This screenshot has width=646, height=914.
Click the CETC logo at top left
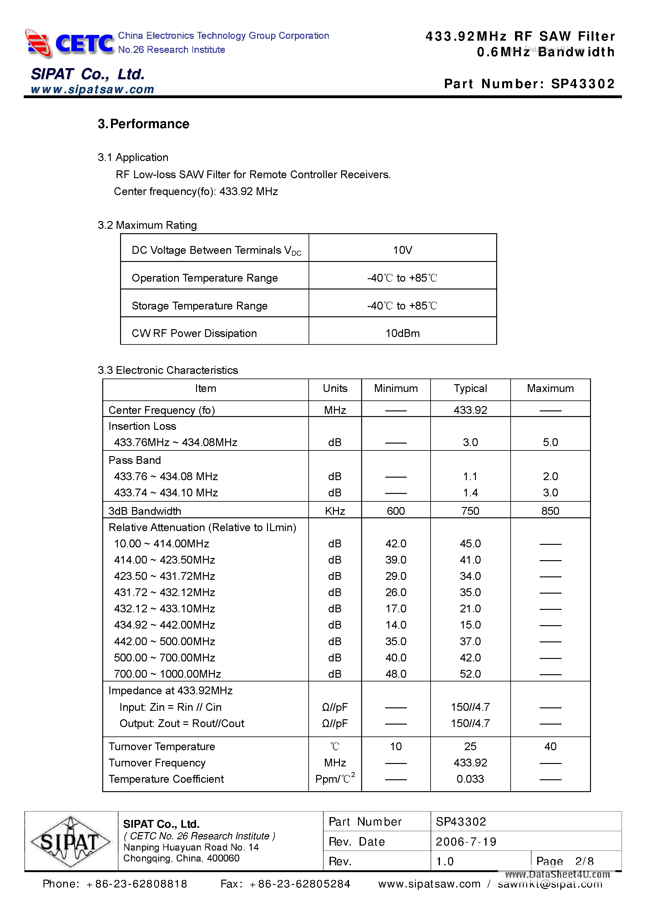pos(70,43)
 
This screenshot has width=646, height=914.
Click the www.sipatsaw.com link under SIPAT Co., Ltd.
pos(93,90)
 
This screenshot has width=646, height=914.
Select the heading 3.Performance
pos(144,124)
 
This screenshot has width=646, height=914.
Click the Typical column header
pos(470,389)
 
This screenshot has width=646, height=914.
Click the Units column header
pos(335,389)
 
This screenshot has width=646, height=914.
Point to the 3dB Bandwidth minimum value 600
pos(396,511)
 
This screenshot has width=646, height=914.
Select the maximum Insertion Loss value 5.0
pos(550,442)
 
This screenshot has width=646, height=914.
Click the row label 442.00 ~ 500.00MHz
pos(164,641)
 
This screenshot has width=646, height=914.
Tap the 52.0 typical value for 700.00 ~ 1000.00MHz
pos(470,674)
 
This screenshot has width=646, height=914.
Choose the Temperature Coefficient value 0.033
pos(470,779)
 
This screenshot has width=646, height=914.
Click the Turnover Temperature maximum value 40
pos(550,746)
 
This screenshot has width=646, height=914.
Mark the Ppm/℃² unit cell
pos(335,779)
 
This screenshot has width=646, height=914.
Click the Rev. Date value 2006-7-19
pos(466,841)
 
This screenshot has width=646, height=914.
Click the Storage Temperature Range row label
pos(199,306)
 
